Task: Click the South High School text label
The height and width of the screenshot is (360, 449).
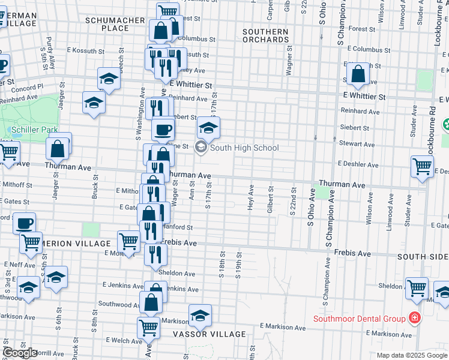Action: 244,148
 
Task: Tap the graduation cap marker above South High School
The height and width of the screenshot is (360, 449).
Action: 208,128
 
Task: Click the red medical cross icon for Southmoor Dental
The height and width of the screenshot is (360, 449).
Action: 414,316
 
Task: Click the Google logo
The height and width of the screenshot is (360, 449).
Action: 20,353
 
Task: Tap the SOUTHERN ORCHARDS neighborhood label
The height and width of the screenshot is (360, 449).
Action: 265,35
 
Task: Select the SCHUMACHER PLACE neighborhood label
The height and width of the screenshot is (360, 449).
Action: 115,24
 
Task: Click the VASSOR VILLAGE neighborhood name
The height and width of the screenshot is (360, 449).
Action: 209,334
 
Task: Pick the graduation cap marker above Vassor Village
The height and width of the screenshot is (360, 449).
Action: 200,314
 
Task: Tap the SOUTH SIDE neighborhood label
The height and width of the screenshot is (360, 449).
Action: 423,257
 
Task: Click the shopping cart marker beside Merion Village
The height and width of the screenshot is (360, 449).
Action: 130,241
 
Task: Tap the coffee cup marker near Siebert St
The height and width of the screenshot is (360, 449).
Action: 162,128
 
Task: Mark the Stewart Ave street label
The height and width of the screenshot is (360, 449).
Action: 357,144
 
